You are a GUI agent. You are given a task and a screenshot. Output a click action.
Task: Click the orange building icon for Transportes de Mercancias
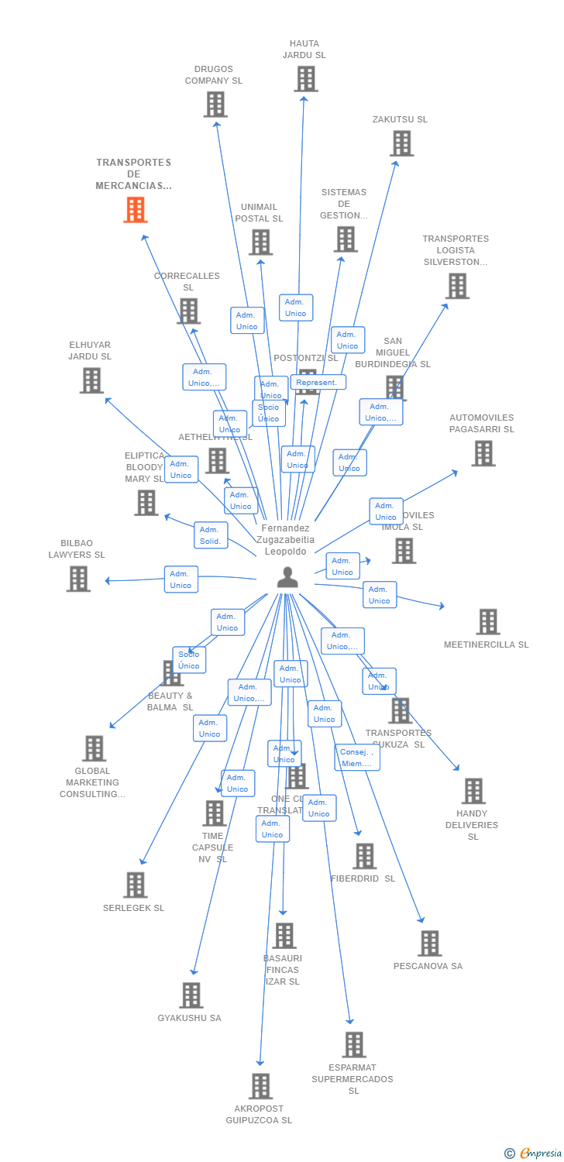(136, 210)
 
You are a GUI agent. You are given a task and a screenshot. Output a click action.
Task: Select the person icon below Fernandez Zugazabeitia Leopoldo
(287, 578)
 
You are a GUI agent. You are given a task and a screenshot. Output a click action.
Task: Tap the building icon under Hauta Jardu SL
(306, 79)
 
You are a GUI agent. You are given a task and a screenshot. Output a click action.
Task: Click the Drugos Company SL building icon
(215, 105)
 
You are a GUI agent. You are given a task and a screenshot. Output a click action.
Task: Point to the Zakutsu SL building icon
(401, 143)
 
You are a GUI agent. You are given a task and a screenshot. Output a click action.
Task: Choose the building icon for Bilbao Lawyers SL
(78, 579)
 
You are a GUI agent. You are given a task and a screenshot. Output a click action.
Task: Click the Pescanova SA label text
(428, 966)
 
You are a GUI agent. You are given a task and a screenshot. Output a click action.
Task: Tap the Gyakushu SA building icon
(191, 995)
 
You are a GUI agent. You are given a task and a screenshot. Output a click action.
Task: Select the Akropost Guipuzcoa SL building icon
(261, 1086)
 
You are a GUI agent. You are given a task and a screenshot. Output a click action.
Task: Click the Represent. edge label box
(318, 382)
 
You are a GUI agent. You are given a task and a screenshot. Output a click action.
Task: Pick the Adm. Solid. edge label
(211, 535)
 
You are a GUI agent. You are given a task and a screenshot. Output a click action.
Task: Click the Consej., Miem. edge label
(357, 758)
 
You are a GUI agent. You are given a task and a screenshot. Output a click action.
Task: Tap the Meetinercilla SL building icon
(488, 621)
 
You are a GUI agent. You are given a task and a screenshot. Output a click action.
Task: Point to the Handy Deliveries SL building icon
(473, 791)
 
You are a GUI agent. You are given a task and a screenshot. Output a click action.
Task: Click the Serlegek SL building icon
(136, 885)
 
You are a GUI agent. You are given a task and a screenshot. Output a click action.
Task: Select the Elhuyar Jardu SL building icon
(91, 380)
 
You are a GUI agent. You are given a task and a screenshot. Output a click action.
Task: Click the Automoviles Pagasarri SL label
(481, 423)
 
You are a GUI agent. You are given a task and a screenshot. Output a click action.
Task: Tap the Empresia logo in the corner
(534, 1153)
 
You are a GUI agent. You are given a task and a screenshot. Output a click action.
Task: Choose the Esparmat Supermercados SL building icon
(354, 1045)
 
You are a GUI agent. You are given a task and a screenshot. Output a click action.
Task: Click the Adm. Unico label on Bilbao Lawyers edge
(181, 579)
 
